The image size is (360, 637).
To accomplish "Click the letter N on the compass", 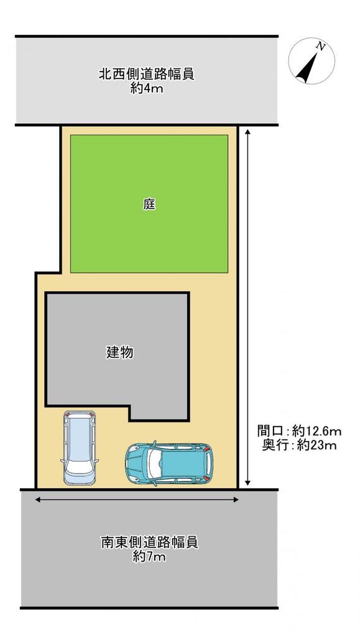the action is (321, 47).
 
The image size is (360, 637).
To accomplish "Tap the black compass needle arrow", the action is (307, 67).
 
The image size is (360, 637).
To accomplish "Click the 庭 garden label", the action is (149, 204).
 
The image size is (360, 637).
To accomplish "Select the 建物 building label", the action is (120, 353).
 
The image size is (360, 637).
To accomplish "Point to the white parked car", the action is (80, 447).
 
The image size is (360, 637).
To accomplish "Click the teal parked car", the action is (169, 463).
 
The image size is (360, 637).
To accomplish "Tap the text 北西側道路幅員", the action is (147, 75).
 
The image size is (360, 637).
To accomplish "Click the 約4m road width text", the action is (147, 88).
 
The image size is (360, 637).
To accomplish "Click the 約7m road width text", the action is (149, 557).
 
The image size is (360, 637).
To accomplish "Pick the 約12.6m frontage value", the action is (316, 430).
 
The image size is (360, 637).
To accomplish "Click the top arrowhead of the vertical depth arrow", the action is (247, 132).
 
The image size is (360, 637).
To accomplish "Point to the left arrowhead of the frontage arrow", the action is (39, 500).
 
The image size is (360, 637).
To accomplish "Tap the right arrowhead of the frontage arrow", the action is (235, 500).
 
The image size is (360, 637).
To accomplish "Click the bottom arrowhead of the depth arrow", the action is (247, 483).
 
